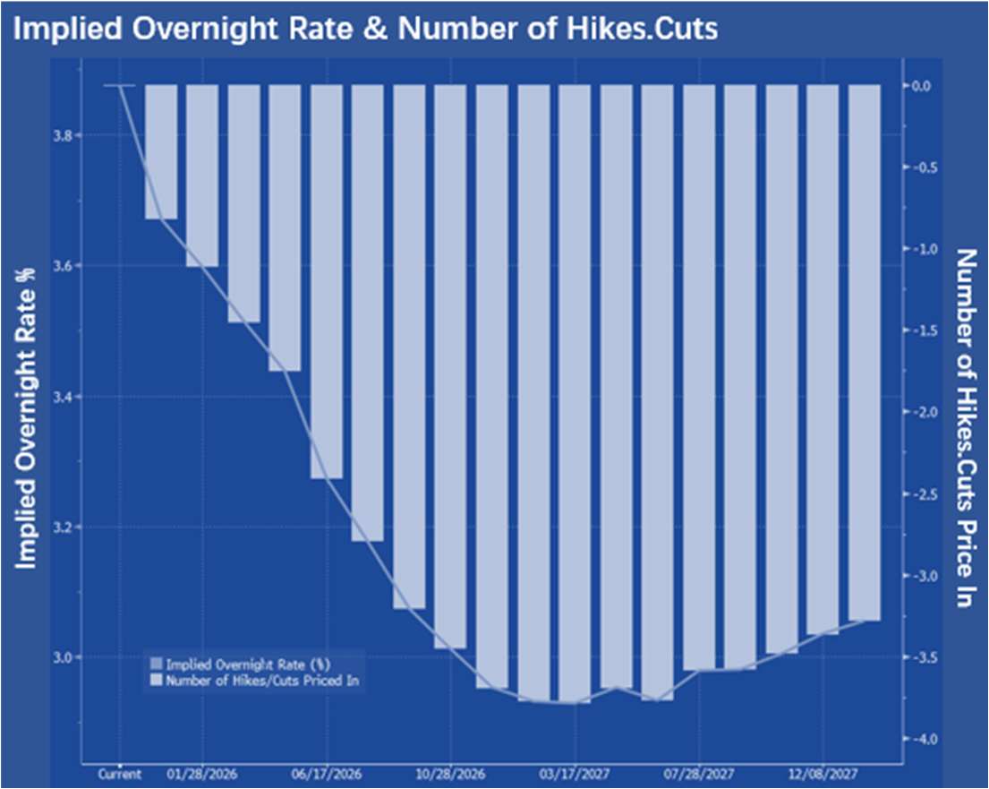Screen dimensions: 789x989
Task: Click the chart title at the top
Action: (365, 28)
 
